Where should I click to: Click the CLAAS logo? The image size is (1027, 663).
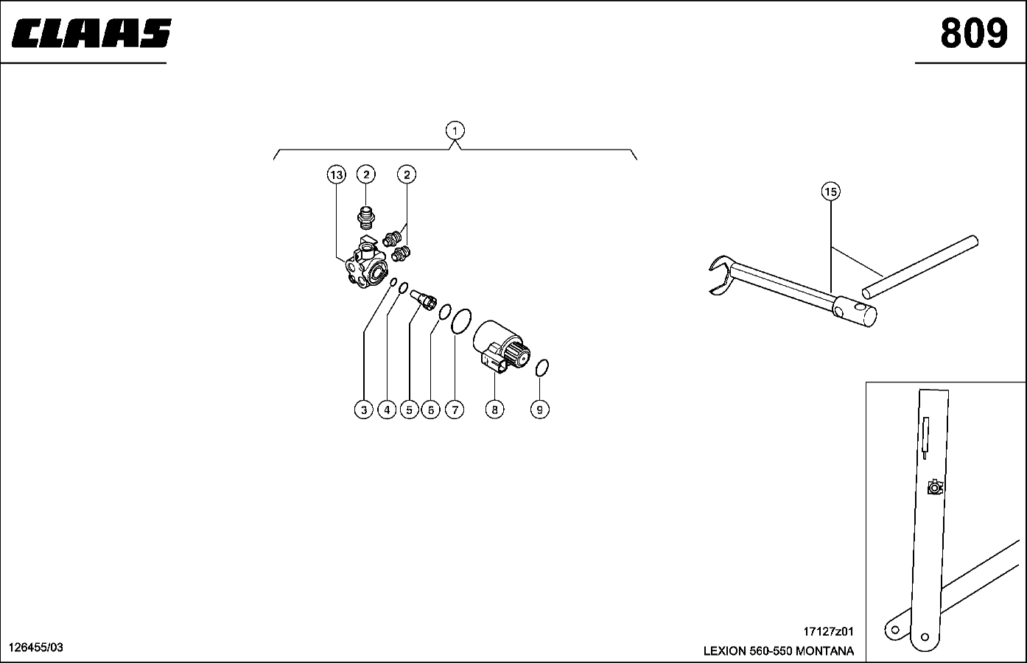click(92, 34)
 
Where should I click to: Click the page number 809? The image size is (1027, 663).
click(972, 33)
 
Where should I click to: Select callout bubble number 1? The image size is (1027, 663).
click(455, 131)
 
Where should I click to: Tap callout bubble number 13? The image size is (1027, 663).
click(337, 175)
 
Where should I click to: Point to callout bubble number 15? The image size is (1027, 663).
click(830, 192)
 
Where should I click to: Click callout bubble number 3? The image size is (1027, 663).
click(364, 410)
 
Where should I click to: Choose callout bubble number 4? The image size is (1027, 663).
click(387, 410)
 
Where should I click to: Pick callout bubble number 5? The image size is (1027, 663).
click(410, 410)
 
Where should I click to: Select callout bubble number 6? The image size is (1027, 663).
click(431, 410)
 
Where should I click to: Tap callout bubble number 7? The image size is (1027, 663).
click(455, 410)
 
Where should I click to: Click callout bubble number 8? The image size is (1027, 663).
click(494, 410)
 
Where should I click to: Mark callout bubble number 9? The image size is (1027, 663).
click(540, 410)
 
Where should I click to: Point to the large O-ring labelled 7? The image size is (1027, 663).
click(460, 321)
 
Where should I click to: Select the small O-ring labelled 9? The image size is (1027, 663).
click(542, 367)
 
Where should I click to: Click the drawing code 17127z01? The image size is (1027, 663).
click(827, 632)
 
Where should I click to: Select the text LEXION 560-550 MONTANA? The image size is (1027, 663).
click(779, 651)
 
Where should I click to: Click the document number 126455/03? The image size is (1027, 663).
click(35, 648)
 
